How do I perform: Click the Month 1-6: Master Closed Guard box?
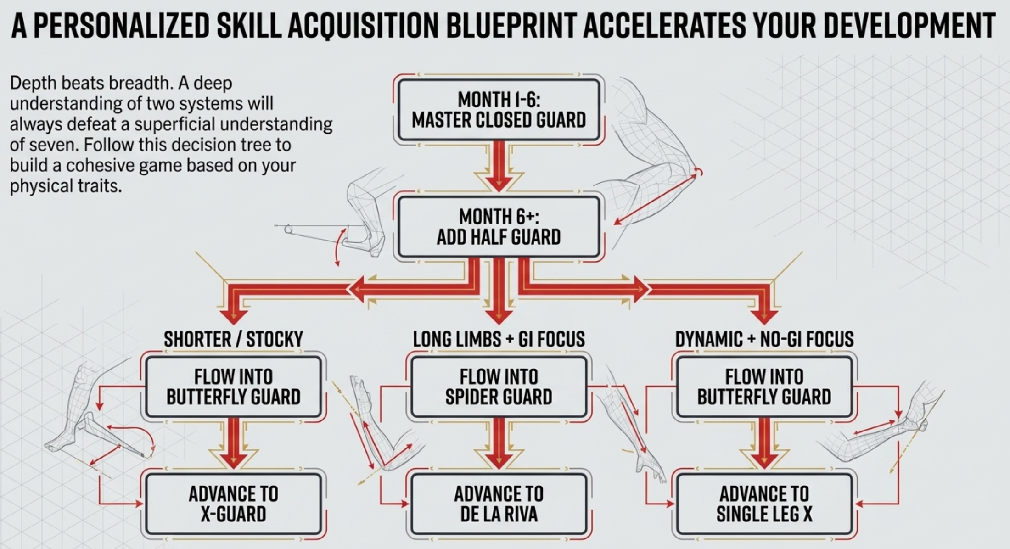tap(499, 110)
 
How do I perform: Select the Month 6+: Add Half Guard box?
tap(499, 227)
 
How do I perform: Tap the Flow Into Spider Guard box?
tap(499, 387)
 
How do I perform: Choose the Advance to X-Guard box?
tap(233, 504)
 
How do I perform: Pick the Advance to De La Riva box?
tap(499, 504)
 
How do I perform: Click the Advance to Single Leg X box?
tap(764, 504)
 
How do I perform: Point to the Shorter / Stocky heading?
tap(233, 339)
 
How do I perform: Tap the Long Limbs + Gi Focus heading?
tap(499, 339)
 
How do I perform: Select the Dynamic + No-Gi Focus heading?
tap(764, 339)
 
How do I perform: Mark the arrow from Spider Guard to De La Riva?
tap(499, 443)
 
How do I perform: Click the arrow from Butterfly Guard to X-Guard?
tap(233, 443)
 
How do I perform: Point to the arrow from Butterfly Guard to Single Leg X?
tap(764, 443)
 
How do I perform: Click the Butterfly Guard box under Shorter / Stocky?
tap(233, 387)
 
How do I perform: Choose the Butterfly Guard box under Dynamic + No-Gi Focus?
tap(764, 387)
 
